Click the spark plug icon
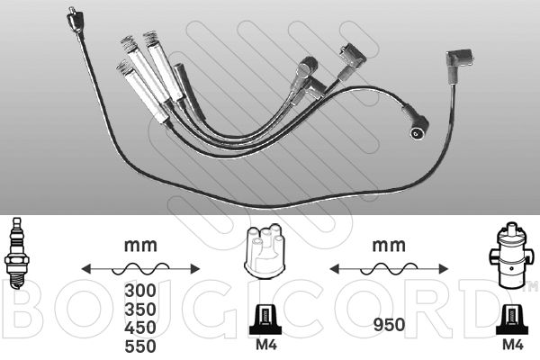(x=16, y=253)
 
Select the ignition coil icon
(x=511, y=254)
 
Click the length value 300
(x=140, y=291)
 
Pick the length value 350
(x=140, y=309)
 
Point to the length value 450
(x=140, y=328)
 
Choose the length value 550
(x=140, y=346)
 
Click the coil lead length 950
(x=389, y=325)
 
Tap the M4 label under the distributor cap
(x=265, y=345)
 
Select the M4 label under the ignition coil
(x=513, y=345)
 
